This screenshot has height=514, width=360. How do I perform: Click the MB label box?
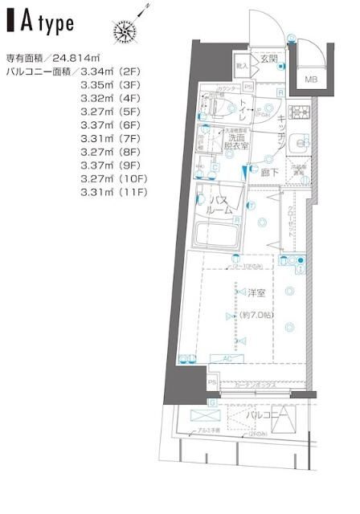point(310,80)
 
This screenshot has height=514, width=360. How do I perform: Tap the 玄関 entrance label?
point(268,59)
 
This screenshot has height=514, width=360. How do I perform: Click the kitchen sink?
point(300,144)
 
